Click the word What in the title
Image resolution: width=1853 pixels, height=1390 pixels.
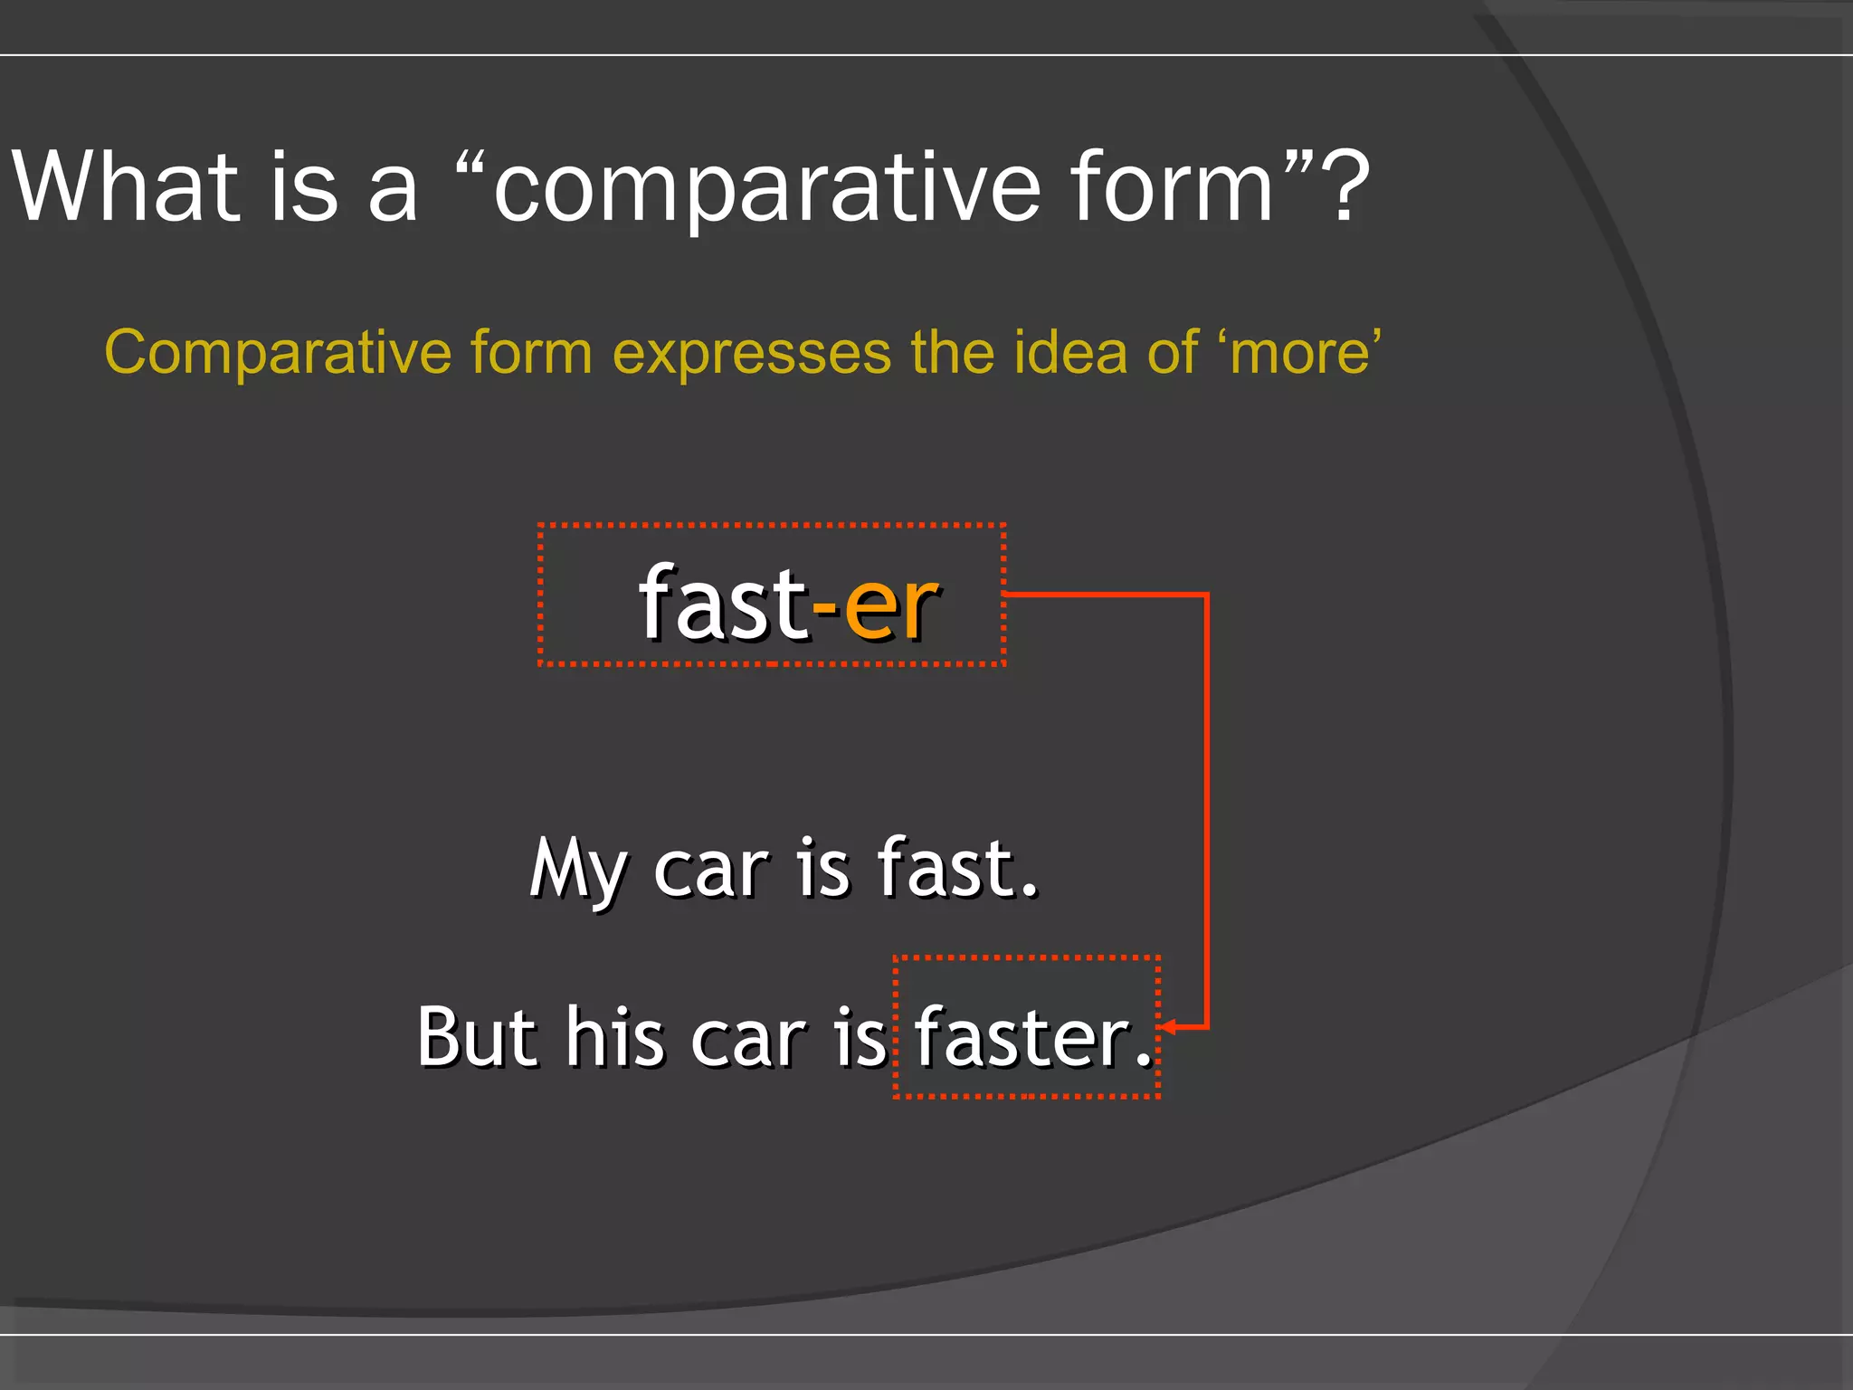[x=127, y=186]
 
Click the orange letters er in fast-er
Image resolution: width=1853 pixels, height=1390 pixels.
[x=890, y=605]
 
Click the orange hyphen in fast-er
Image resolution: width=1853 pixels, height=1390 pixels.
[x=825, y=611]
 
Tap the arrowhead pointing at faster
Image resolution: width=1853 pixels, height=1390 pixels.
[x=1169, y=1026]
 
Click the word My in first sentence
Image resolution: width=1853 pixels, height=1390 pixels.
[x=577, y=869]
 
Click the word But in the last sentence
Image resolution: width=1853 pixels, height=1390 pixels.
[x=478, y=1037]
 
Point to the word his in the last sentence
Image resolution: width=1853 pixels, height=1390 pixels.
[x=615, y=1037]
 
